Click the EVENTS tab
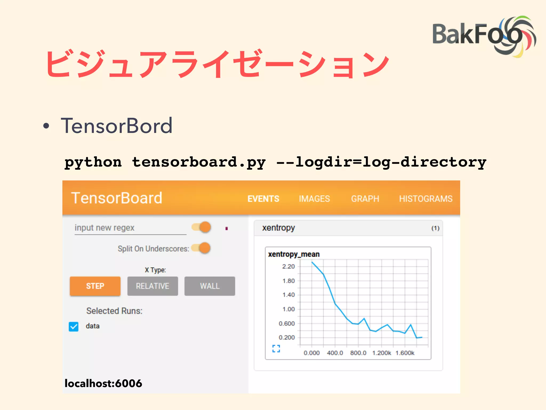(263, 199)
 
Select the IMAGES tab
(314, 199)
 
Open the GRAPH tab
(365, 199)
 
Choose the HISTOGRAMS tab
(425, 199)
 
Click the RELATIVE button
(152, 286)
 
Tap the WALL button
(210, 286)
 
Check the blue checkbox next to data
(74, 326)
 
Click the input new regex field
(130, 228)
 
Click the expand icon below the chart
(276, 348)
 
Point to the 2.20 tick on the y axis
(288, 266)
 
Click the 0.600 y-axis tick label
(287, 324)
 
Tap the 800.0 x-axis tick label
(358, 353)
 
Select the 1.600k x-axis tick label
(405, 353)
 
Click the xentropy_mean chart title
(294, 254)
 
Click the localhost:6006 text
(103, 383)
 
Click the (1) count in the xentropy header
(435, 228)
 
